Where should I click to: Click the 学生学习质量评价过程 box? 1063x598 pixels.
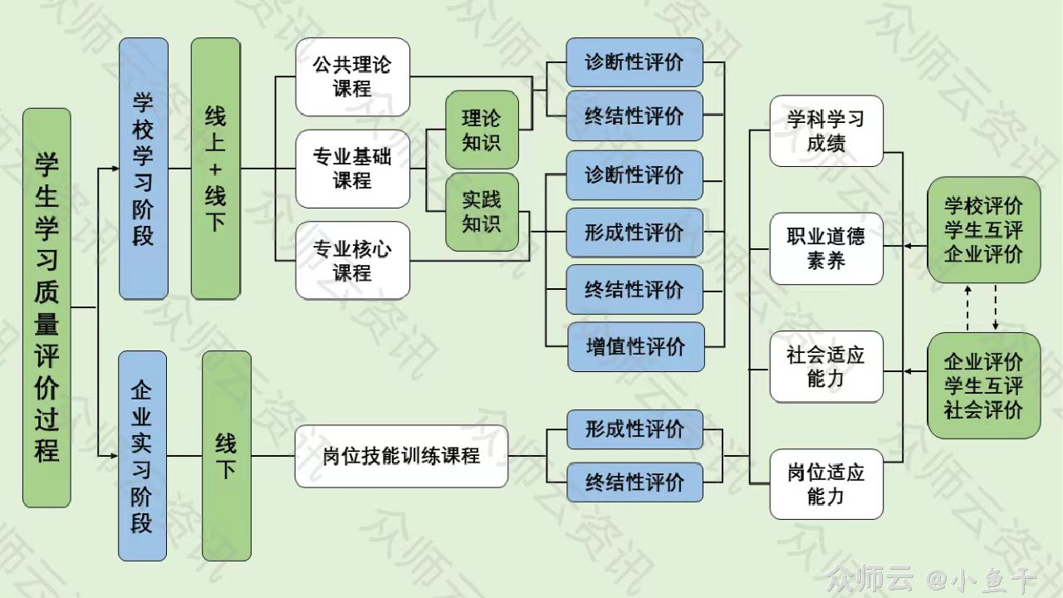47,307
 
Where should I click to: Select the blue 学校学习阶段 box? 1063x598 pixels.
144,169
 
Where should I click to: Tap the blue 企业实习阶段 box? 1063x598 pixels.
142,455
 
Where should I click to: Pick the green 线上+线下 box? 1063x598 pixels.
215,169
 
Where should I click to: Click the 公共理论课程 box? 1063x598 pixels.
353,76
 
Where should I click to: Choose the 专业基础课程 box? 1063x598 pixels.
353,169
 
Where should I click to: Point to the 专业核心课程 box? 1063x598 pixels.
353,260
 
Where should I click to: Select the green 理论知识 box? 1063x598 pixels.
482,130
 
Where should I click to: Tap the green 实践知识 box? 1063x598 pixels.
482,212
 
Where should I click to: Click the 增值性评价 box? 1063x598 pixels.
635,346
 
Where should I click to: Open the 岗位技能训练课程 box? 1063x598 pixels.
401,456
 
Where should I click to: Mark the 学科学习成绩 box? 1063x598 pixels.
825,131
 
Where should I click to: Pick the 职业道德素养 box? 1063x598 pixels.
825,248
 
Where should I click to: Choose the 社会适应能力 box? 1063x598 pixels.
825,367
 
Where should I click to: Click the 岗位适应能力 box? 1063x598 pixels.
825,484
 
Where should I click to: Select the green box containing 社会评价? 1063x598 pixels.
983,385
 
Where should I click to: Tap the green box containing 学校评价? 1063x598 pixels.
983,230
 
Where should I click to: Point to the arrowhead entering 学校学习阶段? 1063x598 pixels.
115,169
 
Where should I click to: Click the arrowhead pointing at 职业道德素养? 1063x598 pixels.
889,247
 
